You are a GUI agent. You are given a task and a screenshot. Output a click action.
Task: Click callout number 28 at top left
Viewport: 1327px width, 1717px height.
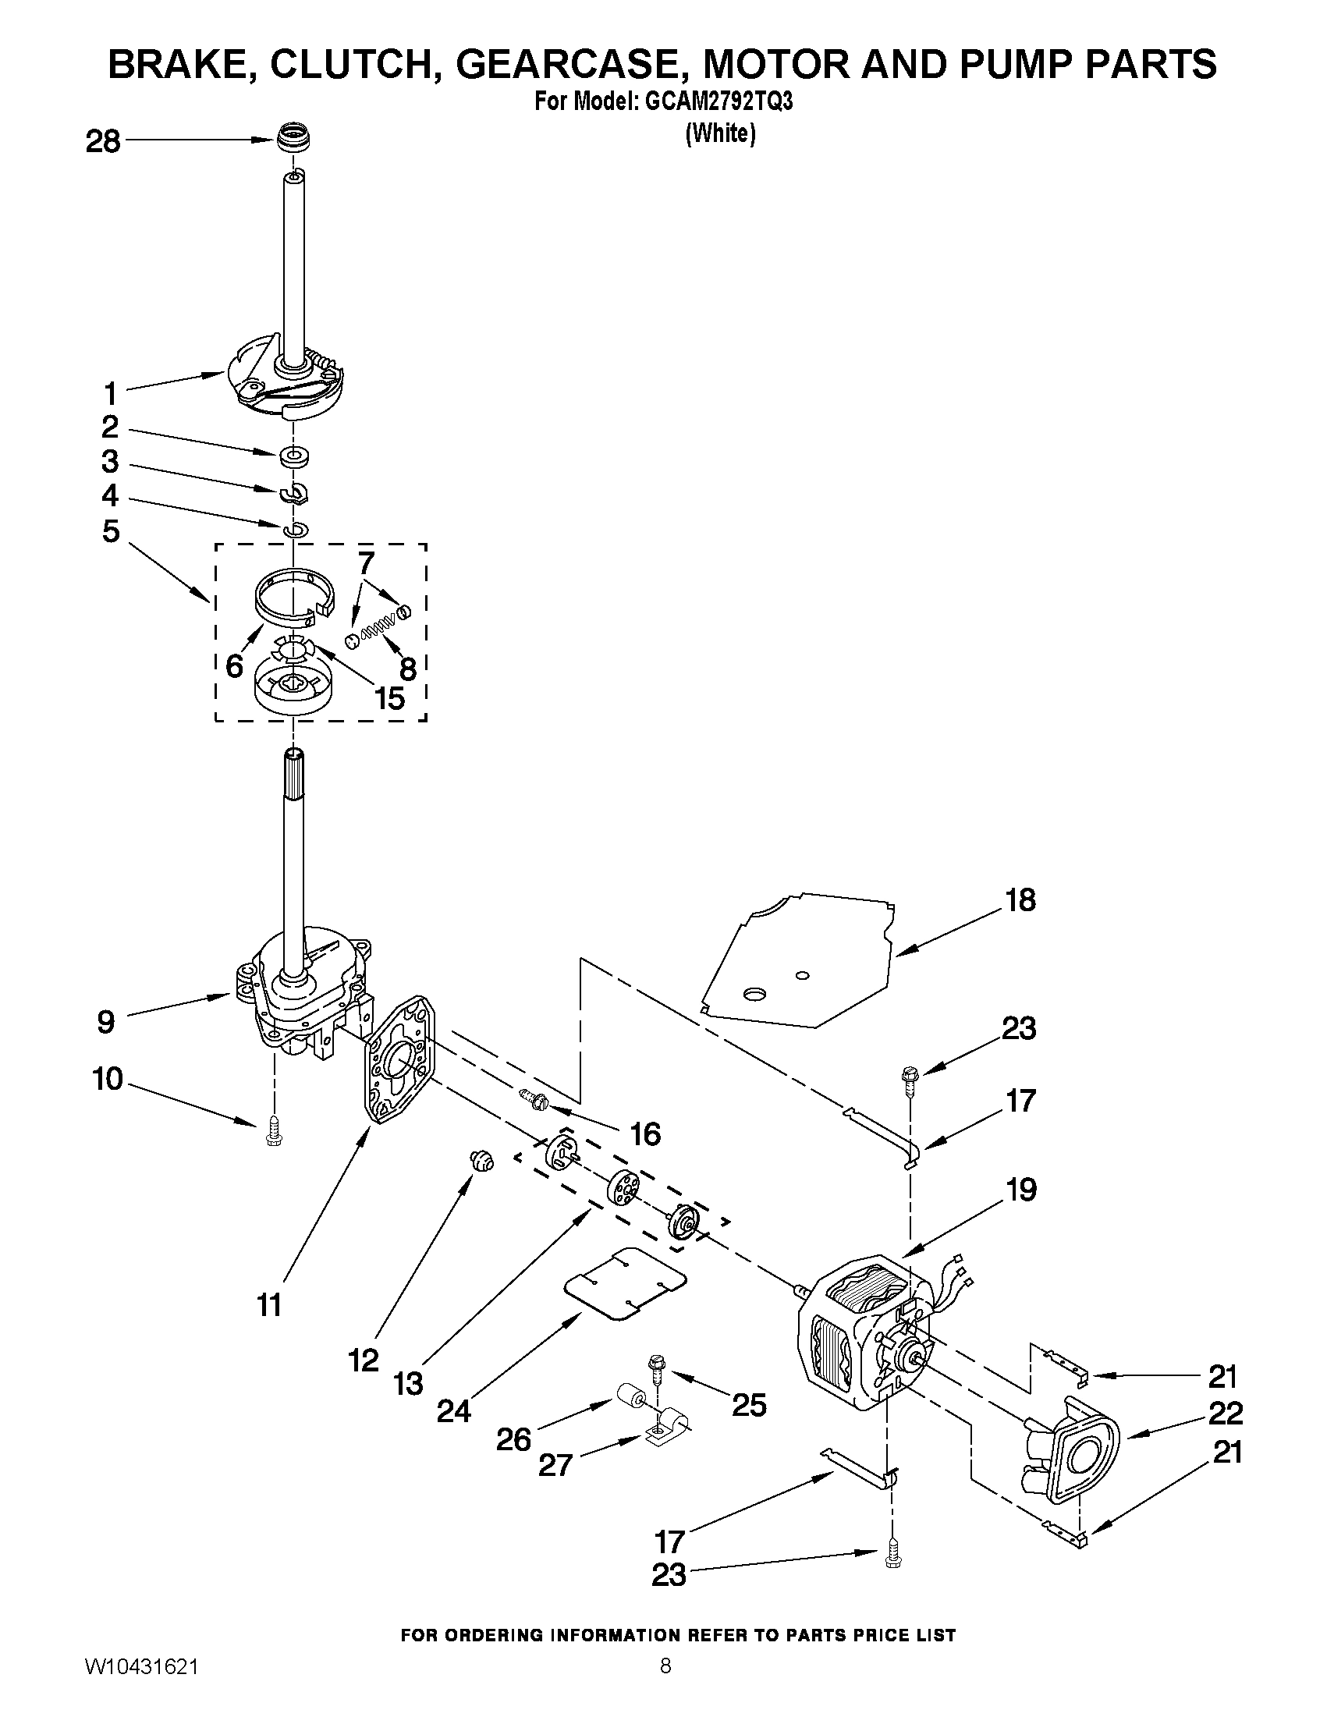point(103,142)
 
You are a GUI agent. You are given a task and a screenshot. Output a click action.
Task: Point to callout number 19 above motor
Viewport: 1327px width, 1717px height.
point(1021,1190)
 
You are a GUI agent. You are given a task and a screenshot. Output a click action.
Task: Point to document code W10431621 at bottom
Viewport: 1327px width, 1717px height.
point(139,1689)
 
